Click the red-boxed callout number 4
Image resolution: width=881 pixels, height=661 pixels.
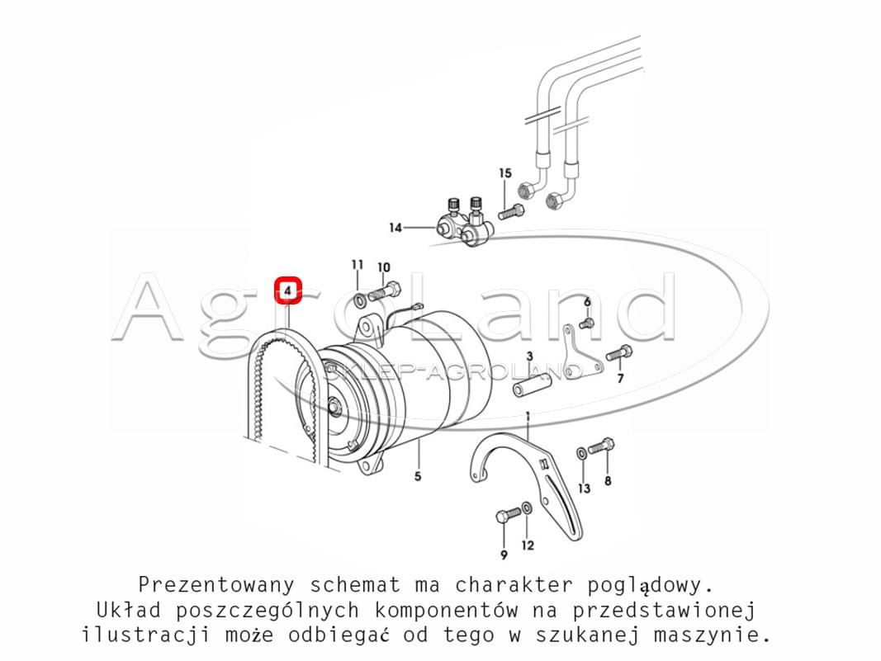287,291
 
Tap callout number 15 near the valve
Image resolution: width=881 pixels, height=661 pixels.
505,173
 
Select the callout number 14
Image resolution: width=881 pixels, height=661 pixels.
396,228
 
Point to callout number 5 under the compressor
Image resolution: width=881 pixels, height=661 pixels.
418,476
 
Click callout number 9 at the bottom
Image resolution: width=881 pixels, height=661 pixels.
504,555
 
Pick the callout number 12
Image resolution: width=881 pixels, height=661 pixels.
528,545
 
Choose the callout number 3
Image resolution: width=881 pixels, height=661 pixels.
529,356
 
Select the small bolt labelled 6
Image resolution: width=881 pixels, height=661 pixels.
586,323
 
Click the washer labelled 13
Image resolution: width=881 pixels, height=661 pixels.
582,453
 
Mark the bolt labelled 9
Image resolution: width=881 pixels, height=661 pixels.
509,514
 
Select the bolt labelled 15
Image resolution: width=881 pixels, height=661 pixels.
510,212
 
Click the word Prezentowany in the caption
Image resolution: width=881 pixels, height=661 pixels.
216,584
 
